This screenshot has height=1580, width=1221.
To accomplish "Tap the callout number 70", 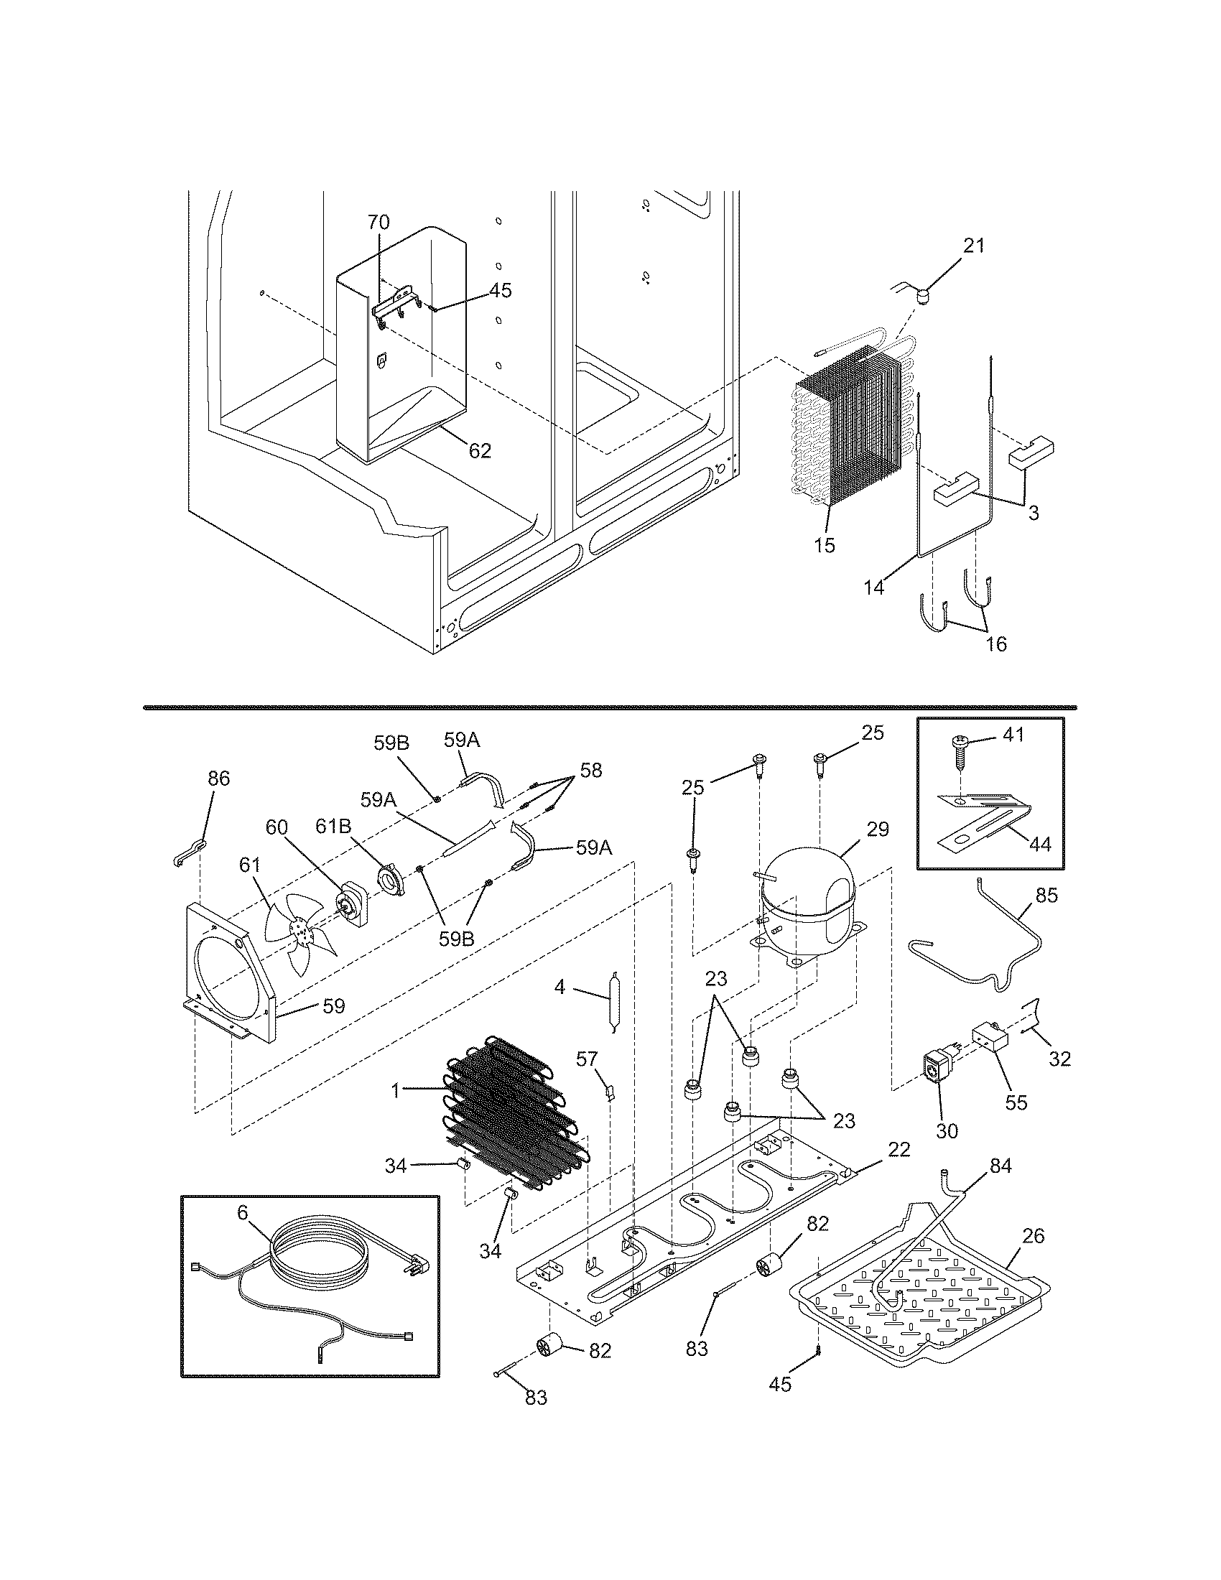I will pos(379,221).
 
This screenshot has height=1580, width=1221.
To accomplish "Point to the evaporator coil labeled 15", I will pos(846,434).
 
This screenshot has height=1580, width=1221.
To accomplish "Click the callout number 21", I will pos(974,246).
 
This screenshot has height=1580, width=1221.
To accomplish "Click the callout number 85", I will pos(1046,896).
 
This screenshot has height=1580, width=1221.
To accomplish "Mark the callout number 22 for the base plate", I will pos(899,1150).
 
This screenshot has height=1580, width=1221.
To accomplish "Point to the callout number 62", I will pos(480,452).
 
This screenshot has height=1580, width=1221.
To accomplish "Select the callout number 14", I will pos(874,588).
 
